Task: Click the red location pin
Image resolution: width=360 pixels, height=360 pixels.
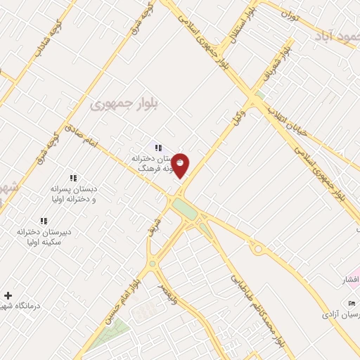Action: (181, 165)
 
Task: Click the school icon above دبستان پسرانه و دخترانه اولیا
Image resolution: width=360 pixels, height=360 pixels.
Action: (73, 179)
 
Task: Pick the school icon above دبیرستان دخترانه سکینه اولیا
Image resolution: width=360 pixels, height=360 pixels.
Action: (44, 220)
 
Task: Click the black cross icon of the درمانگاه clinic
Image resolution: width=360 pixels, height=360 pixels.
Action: (8, 295)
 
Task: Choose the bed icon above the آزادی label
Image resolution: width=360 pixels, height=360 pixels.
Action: (351, 302)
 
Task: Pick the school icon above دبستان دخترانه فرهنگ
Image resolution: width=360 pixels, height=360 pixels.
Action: (159, 148)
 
